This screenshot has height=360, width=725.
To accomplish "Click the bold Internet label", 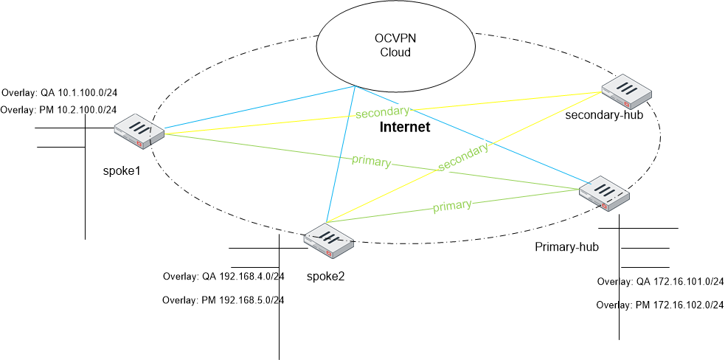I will (x=404, y=128).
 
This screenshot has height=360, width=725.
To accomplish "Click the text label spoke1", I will (x=122, y=171).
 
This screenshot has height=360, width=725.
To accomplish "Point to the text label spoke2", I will (x=326, y=277).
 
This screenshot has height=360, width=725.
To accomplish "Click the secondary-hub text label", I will (x=600, y=116).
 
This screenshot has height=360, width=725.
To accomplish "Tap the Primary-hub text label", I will (x=566, y=246).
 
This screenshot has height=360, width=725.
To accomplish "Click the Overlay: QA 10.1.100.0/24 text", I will (x=60, y=93).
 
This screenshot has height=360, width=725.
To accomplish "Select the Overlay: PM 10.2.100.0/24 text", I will (x=59, y=110).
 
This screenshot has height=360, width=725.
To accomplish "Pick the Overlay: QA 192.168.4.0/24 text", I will (x=223, y=277).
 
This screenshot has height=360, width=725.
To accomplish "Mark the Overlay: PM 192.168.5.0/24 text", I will (x=223, y=300).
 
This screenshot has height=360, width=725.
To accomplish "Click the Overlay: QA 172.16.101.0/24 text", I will (x=660, y=282).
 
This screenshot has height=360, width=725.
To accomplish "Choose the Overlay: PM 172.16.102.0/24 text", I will (x=660, y=305).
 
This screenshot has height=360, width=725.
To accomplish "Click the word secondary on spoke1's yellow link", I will (x=382, y=112).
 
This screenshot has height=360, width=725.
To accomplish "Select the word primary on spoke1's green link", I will (x=371, y=162).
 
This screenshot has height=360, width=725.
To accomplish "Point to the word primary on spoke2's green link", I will (x=452, y=206).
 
